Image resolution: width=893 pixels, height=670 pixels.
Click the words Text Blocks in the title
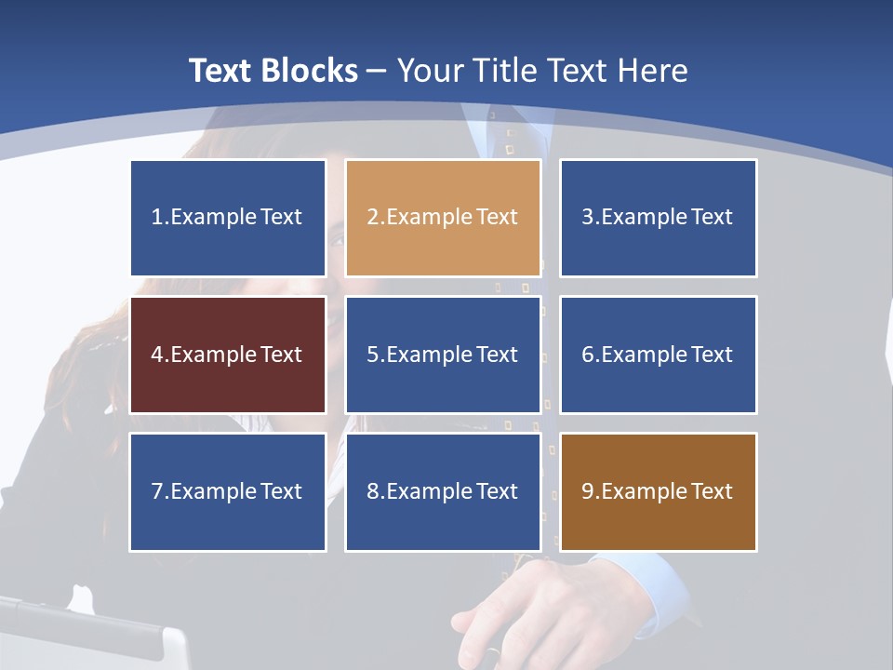pos(273,71)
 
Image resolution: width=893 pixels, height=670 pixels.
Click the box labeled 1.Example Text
pos(228,218)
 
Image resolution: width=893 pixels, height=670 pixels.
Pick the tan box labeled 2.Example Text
pos(443,218)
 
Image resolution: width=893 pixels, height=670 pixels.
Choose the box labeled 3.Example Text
pos(658,218)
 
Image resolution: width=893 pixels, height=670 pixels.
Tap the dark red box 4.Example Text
pos(228,355)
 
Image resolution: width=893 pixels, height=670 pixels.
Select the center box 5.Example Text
pos(443,355)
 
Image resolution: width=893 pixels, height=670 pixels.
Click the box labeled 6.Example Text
pos(658,355)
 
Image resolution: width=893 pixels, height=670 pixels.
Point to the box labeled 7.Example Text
pos(228,491)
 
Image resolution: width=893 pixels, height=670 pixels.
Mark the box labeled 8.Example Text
pos(443,491)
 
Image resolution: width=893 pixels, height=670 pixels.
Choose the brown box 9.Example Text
pos(658,491)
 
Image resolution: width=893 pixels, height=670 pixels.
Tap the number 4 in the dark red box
pos(157,355)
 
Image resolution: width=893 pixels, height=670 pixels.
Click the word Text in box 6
pos(712,355)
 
